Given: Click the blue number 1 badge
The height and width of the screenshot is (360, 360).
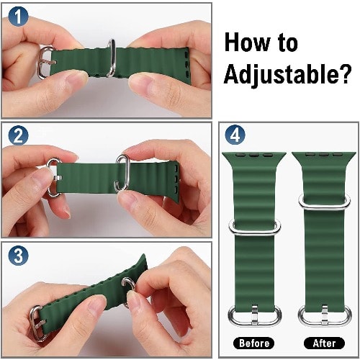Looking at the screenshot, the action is (18, 17).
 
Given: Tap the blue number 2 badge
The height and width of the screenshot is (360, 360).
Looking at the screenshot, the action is (18, 135).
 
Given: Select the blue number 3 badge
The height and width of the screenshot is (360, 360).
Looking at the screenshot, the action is (18, 256).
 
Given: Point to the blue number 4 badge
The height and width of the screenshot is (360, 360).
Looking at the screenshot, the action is (235, 135).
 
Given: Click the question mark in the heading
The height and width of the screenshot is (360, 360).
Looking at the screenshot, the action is (343, 73).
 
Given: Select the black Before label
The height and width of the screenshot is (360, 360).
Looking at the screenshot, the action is (254, 343).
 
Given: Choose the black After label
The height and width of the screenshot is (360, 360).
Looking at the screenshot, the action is (324, 343).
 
